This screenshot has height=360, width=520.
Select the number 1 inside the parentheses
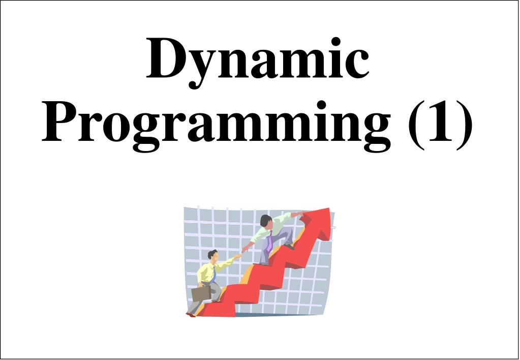tap(439, 121)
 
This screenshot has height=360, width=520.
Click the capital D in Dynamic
tap(167, 58)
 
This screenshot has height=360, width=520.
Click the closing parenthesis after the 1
tap(464, 125)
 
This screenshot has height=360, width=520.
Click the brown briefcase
tap(201, 293)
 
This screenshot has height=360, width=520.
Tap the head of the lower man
tap(213, 255)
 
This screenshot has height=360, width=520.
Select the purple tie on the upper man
tap(270, 241)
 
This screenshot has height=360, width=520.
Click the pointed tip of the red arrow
tap(329, 208)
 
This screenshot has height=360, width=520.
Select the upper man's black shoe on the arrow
tap(289, 247)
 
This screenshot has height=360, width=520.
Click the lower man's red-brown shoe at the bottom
tap(190, 315)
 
